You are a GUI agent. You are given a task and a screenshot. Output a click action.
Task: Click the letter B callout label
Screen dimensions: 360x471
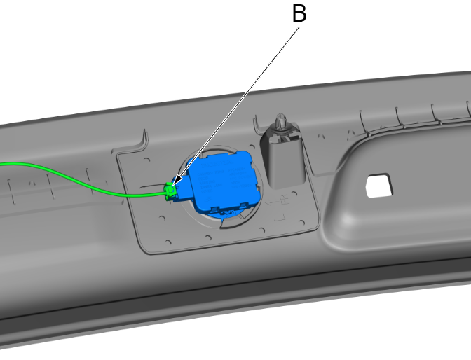click(299, 15)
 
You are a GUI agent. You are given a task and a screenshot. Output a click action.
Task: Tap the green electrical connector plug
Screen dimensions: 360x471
click(169, 191)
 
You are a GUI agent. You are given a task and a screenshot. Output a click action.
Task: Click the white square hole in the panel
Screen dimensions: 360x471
click(378, 184)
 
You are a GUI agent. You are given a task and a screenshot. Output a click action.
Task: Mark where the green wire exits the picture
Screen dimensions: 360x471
click(1, 165)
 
